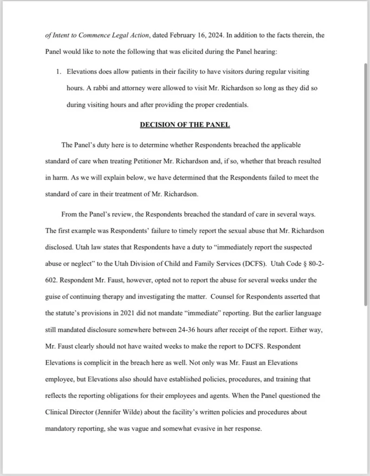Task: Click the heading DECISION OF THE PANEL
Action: [185, 125]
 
